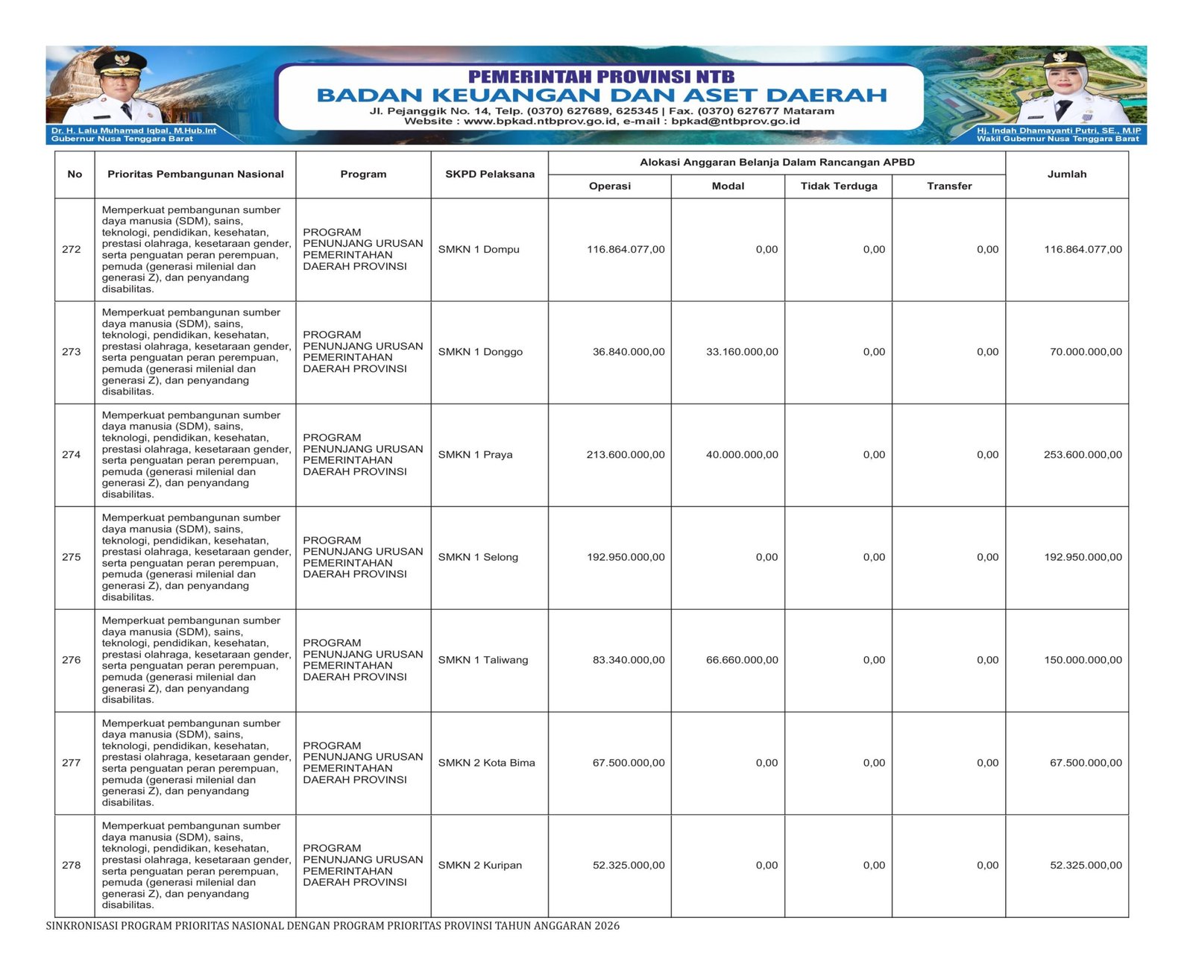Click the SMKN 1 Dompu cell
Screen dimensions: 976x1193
tap(479, 249)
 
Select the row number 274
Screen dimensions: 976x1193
tap(72, 454)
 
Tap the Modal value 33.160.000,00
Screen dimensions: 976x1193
tap(742, 352)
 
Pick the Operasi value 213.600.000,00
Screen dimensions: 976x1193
tap(625, 454)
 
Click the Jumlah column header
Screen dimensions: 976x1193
tap(1066, 174)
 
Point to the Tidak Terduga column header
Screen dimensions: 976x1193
tap(839, 186)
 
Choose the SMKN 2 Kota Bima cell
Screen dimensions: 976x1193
tap(486, 763)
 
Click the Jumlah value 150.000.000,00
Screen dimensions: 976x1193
tap(1083, 660)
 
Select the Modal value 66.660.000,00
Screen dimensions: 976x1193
tap(742, 660)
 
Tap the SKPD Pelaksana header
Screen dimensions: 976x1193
tap(490, 174)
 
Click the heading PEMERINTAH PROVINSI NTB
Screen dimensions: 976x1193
tap(601, 76)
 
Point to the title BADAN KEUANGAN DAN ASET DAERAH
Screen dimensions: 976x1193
tap(601, 95)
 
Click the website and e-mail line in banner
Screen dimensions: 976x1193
tap(601, 121)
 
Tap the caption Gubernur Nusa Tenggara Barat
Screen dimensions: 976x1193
tap(122, 139)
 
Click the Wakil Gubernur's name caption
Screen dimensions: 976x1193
tap(1058, 130)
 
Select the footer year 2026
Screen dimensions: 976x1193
tap(607, 926)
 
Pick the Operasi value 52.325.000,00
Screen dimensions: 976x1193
tap(628, 865)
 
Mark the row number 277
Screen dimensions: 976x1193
tap(72, 763)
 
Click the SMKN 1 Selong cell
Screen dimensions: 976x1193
tap(478, 557)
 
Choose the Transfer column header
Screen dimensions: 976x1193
tap(949, 186)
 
